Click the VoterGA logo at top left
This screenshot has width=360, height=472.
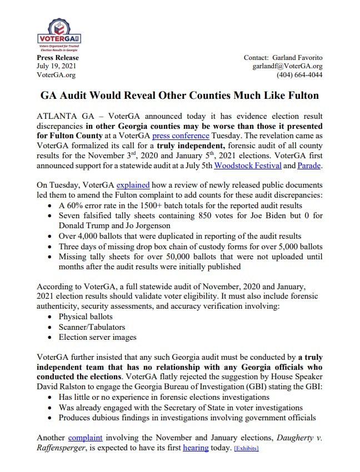(x=58, y=35)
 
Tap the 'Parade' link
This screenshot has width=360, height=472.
(x=309, y=165)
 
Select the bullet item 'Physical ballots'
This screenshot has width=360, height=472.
(x=85, y=317)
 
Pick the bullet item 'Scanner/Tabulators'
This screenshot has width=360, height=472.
(x=92, y=327)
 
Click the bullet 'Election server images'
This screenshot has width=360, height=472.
(x=97, y=337)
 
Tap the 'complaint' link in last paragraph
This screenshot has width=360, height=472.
(x=86, y=438)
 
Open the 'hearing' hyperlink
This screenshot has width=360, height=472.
(x=196, y=448)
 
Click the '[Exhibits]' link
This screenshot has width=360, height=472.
(x=246, y=448)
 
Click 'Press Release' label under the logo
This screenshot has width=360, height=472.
(x=58, y=58)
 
